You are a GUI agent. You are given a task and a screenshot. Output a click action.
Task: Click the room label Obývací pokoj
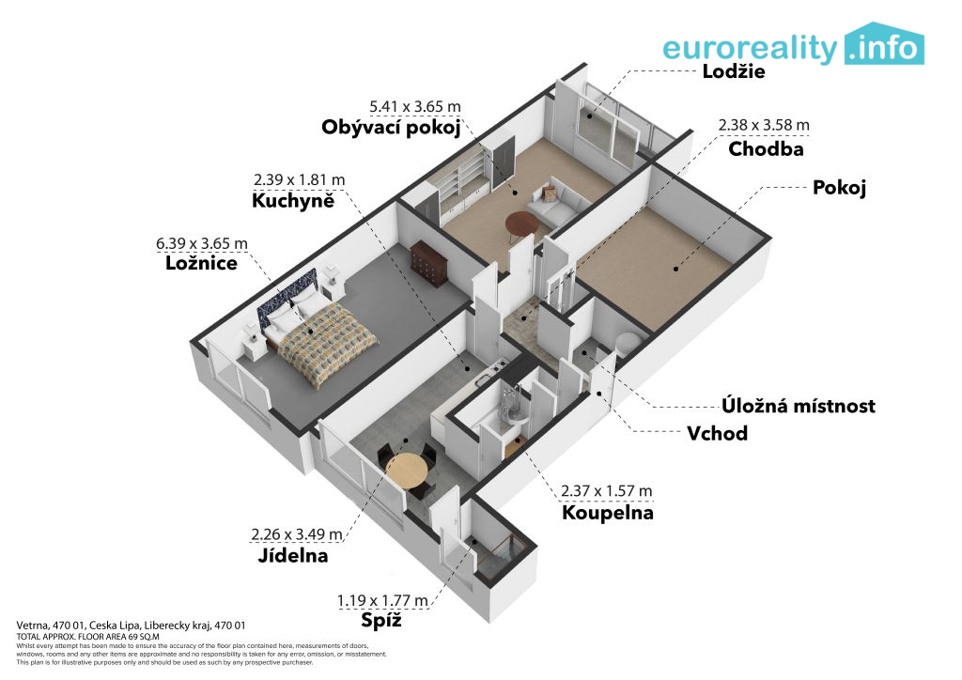(x=391, y=128)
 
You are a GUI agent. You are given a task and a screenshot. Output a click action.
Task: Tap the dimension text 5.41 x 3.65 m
(x=414, y=107)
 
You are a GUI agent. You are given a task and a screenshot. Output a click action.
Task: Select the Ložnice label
(x=201, y=263)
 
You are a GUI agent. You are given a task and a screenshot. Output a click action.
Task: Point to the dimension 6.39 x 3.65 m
(x=202, y=243)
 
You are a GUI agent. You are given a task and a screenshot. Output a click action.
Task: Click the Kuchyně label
(x=293, y=200)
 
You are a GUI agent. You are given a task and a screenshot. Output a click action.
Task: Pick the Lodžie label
(x=733, y=71)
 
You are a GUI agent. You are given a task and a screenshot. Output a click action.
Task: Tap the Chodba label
(x=766, y=149)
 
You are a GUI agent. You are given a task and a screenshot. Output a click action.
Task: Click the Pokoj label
(x=839, y=188)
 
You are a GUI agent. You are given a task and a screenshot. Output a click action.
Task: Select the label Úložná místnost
(x=799, y=406)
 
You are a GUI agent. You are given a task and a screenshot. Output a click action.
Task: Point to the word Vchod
(x=717, y=434)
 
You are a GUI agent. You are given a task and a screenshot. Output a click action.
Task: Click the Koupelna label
(x=608, y=513)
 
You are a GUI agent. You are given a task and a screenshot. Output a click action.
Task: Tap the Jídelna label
(x=293, y=555)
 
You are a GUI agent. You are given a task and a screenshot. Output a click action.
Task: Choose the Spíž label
(x=381, y=620)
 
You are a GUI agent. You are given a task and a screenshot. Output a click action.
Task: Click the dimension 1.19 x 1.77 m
(x=383, y=601)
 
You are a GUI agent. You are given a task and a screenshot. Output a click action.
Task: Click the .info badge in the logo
(x=884, y=45)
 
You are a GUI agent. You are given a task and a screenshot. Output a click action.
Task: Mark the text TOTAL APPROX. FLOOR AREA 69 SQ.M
(x=87, y=637)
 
